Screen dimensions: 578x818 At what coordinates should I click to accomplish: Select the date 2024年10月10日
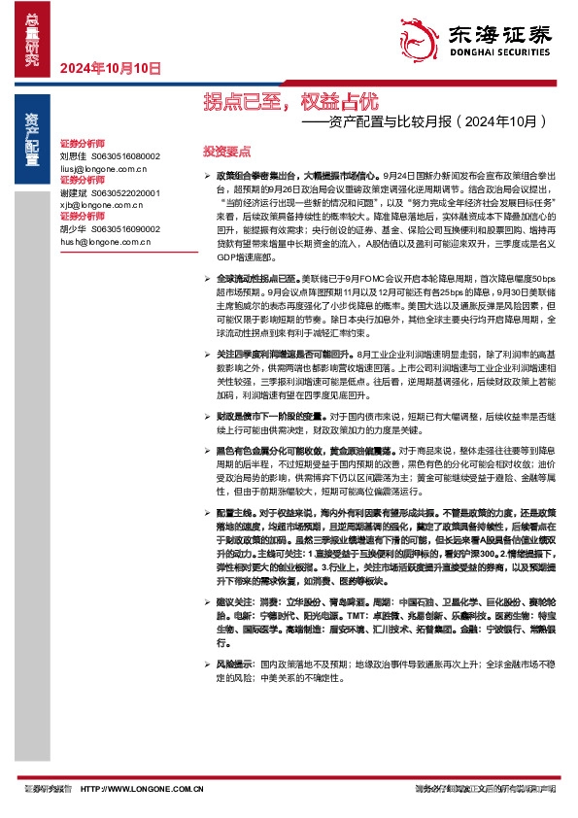tap(110, 68)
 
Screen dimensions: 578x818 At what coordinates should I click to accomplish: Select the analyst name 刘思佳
tap(73, 155)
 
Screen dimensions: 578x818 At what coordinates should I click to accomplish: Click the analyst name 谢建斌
tap(73, 193)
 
